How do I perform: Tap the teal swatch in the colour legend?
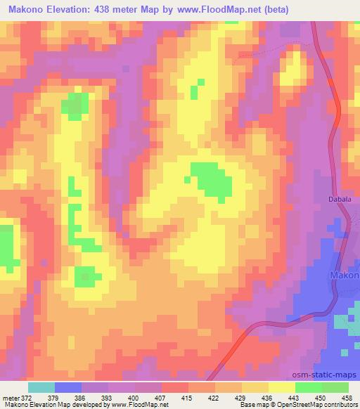(x=41, y=387)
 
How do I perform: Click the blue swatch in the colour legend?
(x=68, y=387)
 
